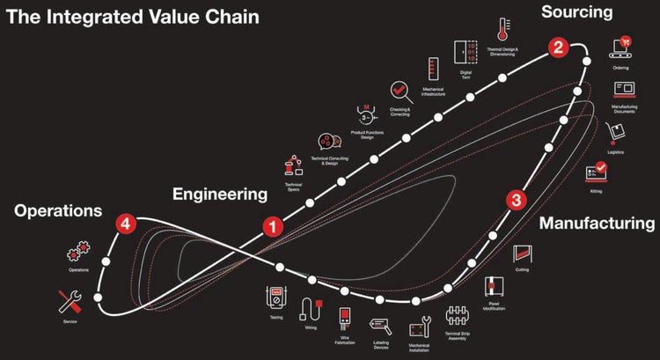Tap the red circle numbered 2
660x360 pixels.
click(x=557, y=47)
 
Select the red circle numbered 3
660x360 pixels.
click(x=517, y=200)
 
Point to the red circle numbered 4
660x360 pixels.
click(x=127, y=224)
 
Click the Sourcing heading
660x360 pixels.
click(x=576, y=12)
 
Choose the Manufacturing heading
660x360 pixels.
click(x=597, y=224)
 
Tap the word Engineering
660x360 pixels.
click(x=219, y=194)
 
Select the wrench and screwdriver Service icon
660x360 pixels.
click(x=70, y=301)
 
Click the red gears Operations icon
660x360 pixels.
click(x=77, y=253)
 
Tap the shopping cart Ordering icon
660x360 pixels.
click(x=624, y=46)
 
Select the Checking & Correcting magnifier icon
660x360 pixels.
click(x=400, y=91)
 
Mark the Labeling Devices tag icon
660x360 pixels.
click(x=380, y=325)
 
